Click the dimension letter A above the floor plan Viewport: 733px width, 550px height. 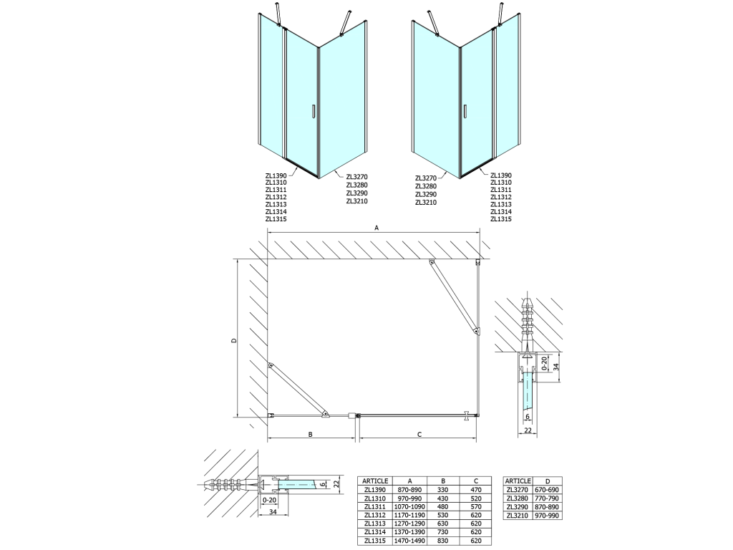pos(377,228)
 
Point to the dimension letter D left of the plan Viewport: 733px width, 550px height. pos(234,340)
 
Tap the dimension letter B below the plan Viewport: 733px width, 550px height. pos(310,435)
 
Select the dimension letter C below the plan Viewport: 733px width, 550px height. pos(419,435)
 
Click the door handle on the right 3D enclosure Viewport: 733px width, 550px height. pos(465,112)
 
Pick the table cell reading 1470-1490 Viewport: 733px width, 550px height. pos(410,541)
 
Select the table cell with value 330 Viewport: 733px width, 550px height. pos(443,490)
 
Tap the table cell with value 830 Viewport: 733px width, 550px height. pos(443,541)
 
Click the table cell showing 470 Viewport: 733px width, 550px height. pos(476,490)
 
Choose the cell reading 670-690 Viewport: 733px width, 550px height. pos(548,490)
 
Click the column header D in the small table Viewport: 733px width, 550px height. pos(548,481)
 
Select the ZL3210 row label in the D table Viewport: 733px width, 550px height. pos(518,516)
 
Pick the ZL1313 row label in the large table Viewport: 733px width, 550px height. pos(375,524)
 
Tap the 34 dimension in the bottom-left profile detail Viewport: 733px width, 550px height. pos(273,512)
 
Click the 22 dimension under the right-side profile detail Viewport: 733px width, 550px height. pos(528,430)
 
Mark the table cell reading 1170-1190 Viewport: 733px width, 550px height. pos(410,516)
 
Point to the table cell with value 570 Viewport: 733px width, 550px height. pos(476,506)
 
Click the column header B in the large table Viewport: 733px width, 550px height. pos(443,481)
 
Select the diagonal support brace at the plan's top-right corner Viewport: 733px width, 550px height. pos(454,296)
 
